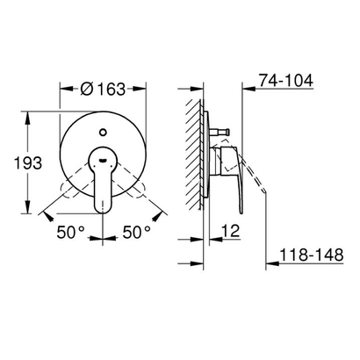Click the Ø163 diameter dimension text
(x=104, y=88)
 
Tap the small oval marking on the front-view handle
(x=104, y=160)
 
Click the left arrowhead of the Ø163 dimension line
(x=62, y=88)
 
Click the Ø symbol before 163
(x=84, y=88)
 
